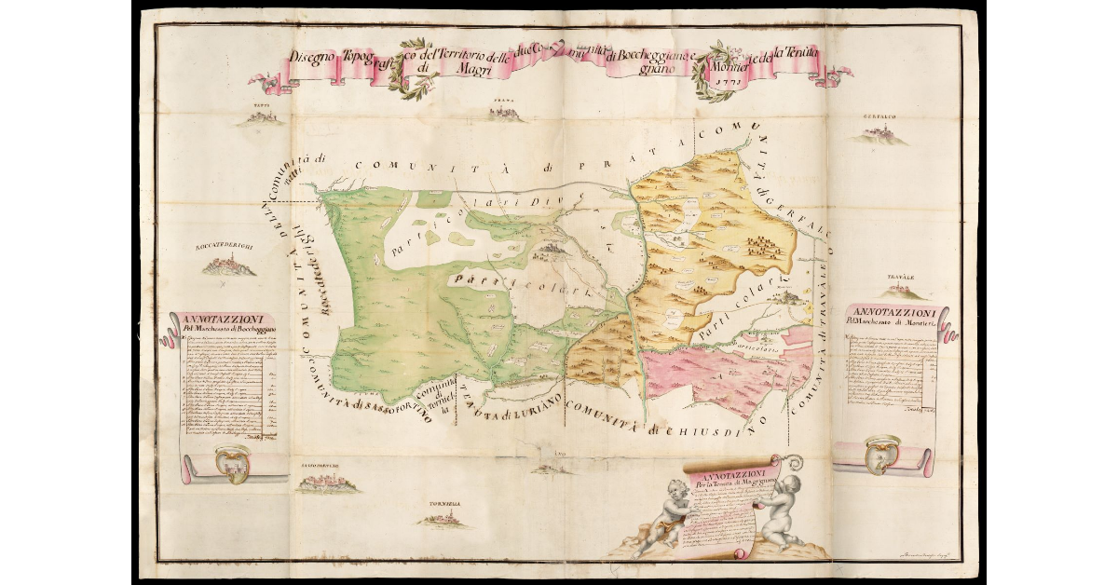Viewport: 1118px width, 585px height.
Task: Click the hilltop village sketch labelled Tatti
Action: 262,117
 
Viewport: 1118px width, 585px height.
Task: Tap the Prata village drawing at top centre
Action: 507,114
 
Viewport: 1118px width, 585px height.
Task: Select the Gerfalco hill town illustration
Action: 877,136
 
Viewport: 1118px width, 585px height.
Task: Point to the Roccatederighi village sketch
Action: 225,266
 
